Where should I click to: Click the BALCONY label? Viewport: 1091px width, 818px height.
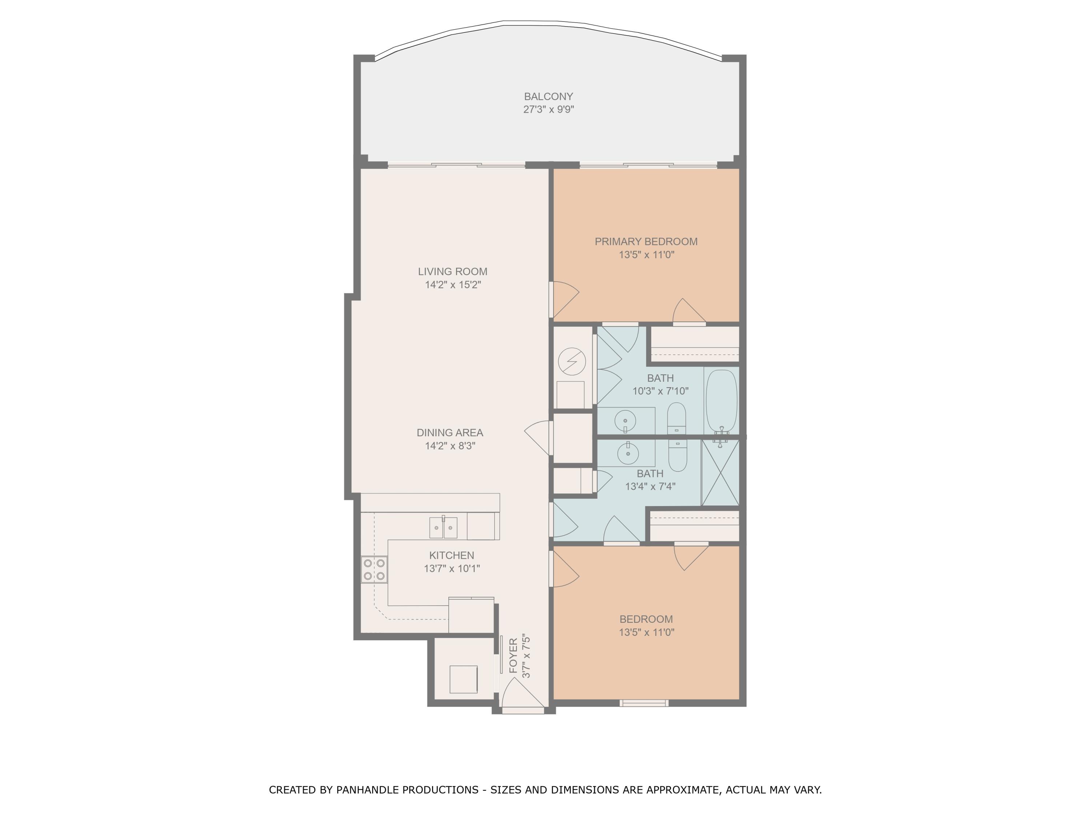click(548, 97)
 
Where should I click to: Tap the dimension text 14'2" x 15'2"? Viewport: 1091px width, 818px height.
click(452, 285)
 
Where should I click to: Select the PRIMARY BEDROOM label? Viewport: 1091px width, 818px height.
click(646, 242)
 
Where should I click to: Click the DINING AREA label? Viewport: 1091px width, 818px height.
click(449, 432)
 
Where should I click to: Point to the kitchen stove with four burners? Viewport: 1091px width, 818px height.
click(374, 569)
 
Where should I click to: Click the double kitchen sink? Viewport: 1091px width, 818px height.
click(443, 528)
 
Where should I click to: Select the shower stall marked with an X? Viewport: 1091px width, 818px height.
click(720, 472)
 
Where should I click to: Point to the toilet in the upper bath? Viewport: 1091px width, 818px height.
click(676, 418)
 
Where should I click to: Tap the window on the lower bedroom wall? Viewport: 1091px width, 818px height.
click(644, 703)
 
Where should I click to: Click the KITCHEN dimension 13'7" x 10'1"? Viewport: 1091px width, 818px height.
click(451, 568)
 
